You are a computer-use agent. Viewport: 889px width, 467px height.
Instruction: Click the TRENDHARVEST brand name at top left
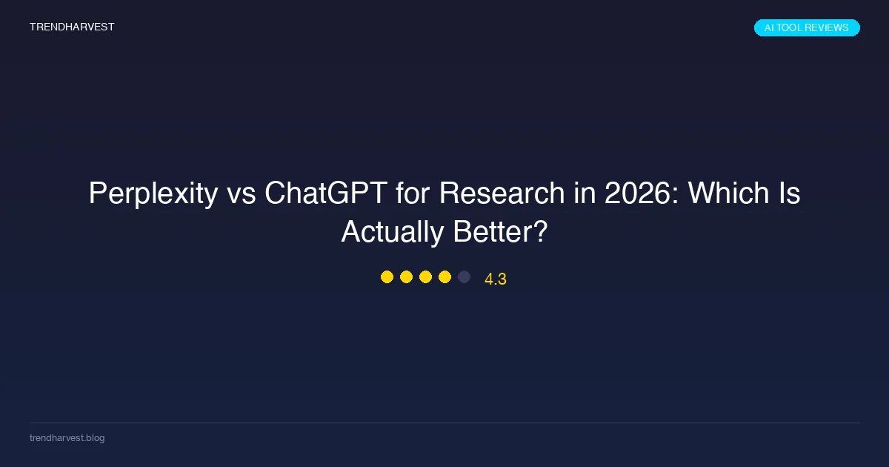coord(72,27)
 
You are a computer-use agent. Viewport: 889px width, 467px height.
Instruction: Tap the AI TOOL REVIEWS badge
coord(807,28)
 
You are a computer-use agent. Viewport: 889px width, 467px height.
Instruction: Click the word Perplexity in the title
coord(153,193)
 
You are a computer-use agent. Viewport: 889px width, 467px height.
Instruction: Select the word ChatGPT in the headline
coord(326,193)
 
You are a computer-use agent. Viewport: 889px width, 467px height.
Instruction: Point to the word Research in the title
coord(502,193)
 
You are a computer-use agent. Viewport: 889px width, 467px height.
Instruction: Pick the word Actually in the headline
coord(393,232)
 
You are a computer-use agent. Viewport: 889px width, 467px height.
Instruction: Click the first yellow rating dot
coord(387,276)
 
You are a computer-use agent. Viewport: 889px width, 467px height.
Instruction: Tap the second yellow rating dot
coord(406,276)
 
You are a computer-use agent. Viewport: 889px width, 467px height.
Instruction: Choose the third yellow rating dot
coord(425,276)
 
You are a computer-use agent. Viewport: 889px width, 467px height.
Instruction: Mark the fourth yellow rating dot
coord(444,276)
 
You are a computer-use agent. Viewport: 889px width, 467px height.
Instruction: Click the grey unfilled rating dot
coord(464,276)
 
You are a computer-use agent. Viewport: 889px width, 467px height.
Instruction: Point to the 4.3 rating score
coord(496,279)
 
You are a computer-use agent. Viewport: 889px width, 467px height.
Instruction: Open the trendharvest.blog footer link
coord(67,437)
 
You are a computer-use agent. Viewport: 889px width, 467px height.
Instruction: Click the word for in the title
coord(413,193)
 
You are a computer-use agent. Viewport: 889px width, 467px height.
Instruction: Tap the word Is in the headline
coord(789,193)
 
